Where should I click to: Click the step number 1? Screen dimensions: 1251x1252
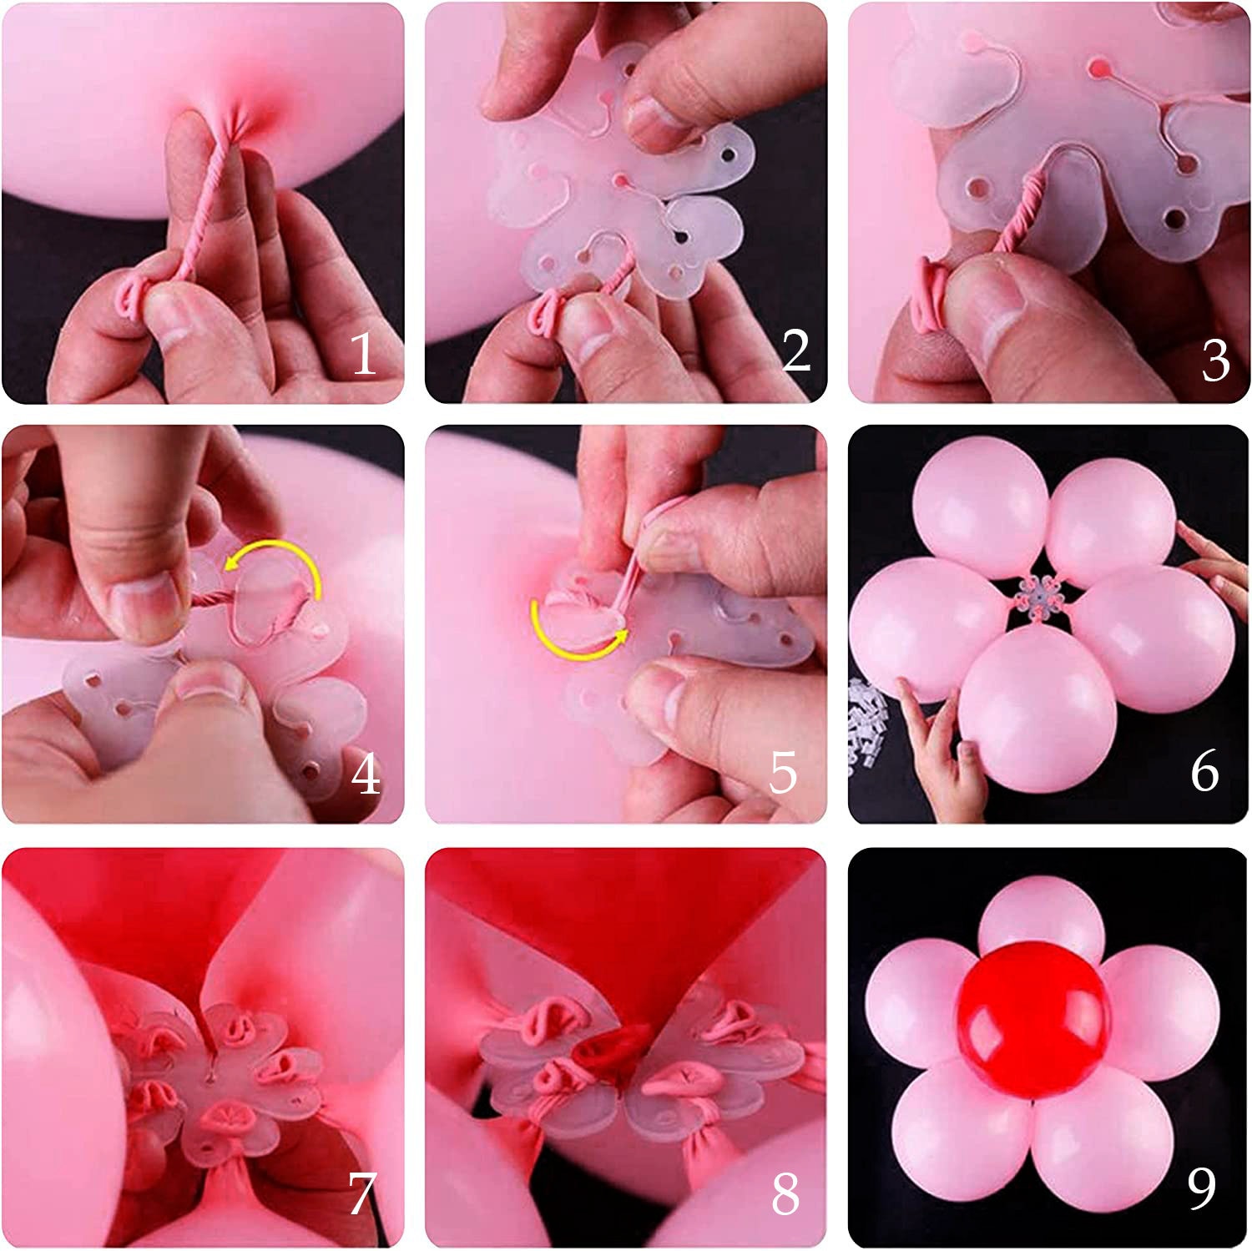[362, 353]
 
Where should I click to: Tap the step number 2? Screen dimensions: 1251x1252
[795, 351]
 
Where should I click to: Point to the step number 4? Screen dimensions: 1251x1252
[366, 774]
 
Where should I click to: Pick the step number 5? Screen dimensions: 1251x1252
[783, 774]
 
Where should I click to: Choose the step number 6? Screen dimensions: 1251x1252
[1204, 771]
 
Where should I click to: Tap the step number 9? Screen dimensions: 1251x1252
[1201, 1188]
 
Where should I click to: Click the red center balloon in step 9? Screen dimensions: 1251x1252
[1033, 1021]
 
